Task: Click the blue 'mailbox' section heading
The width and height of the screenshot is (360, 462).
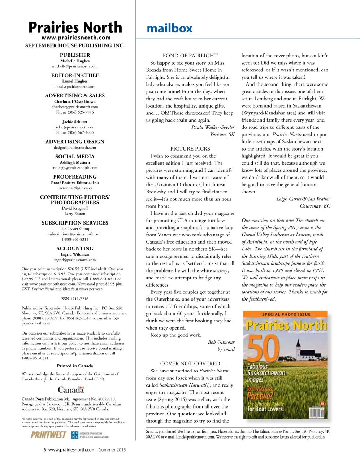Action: point(169,28)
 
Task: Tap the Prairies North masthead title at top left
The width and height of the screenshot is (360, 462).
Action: point(75,27)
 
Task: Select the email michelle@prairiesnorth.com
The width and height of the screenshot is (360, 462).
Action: point(75,66)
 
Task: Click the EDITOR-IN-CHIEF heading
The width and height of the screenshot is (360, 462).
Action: point(75,75)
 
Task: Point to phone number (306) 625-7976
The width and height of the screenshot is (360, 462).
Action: point(75,112)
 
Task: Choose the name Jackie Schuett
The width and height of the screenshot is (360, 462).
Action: point(75,122)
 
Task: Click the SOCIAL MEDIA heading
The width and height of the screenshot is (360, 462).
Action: point(75,157)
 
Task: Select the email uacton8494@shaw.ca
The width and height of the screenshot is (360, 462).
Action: point(75,188)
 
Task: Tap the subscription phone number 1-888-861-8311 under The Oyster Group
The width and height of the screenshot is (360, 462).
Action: point(75,239)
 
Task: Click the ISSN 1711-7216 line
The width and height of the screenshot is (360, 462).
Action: point(75,299)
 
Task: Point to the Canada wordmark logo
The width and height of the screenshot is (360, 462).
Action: point(71,390)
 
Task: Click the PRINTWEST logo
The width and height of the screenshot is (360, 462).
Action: point(48,435)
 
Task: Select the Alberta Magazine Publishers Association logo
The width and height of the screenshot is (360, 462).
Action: point(90,435)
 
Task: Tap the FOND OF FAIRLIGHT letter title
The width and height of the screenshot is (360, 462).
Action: point(190,56)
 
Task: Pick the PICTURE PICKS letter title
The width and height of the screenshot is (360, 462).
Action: point(190,149)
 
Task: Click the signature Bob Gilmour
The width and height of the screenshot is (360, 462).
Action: point(221,342)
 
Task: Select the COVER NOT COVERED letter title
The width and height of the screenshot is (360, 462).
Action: point(190,363)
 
